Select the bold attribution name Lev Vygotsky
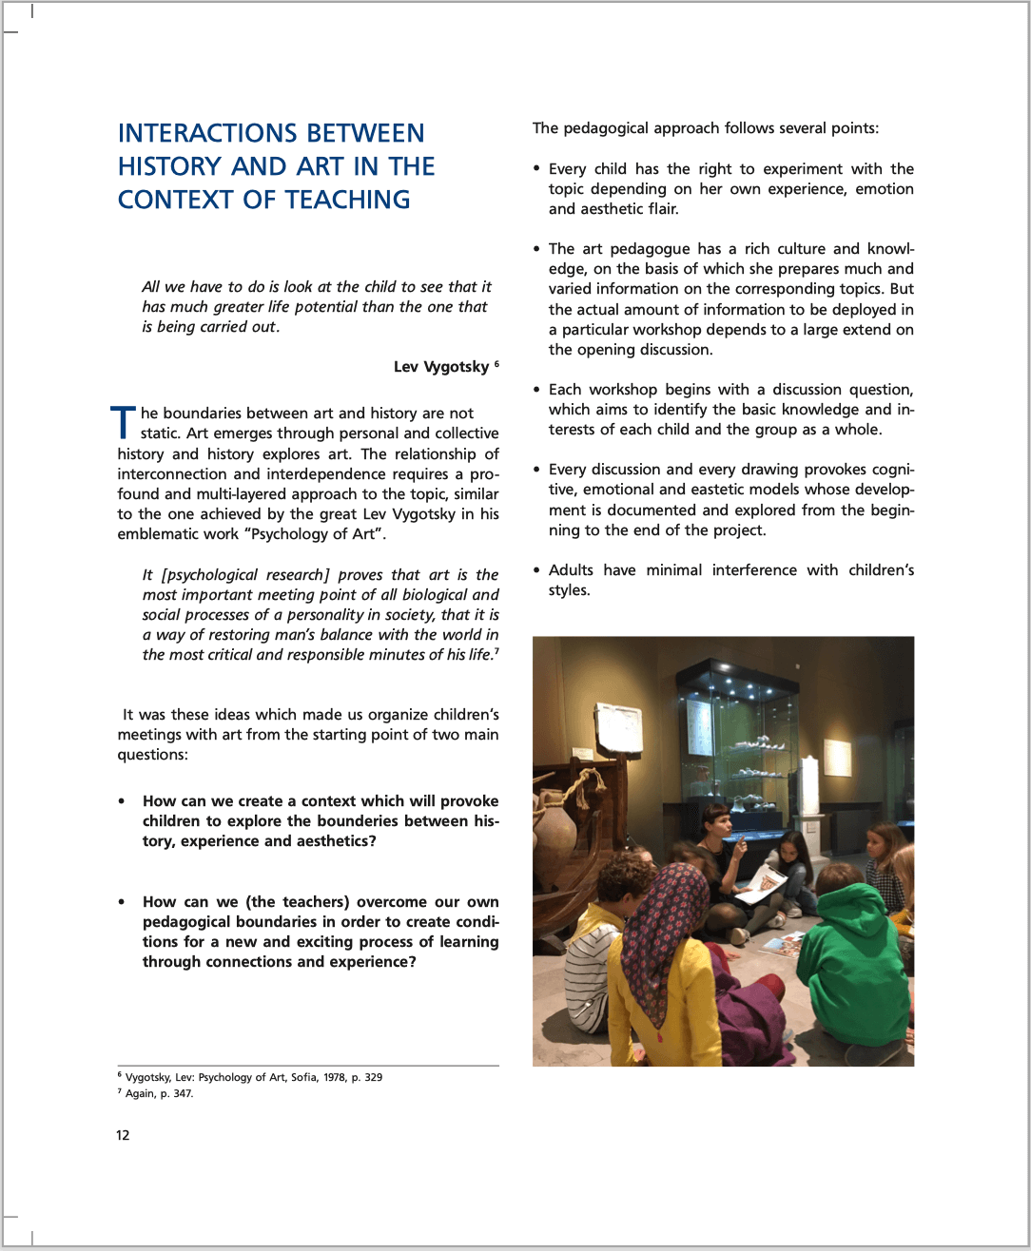pos(441,367)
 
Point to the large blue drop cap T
pos(124,424)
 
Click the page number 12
pos(123,1135)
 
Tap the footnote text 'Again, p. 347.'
pos(159,1093)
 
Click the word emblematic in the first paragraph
pos(157,534)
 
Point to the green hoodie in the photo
pos(860,960)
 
